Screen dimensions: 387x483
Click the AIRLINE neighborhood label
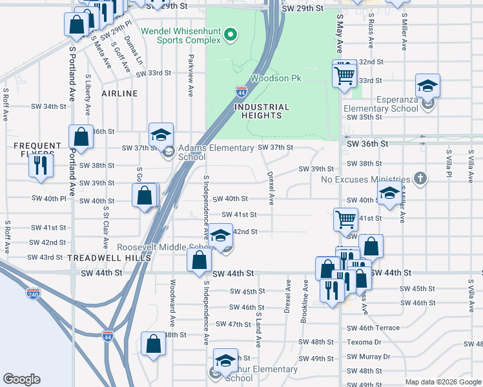point(119,94)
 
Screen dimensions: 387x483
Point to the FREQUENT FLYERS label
point(37,146)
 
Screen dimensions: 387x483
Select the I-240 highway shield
point(34,293)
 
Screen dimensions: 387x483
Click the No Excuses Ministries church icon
point(420,178)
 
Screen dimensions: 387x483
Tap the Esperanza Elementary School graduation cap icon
point(427,85)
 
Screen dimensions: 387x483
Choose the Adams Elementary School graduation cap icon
point(161,134)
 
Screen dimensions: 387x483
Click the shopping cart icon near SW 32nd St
point(345,74)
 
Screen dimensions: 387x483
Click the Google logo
point(22,379)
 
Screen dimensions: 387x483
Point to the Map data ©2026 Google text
point(443,382)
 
